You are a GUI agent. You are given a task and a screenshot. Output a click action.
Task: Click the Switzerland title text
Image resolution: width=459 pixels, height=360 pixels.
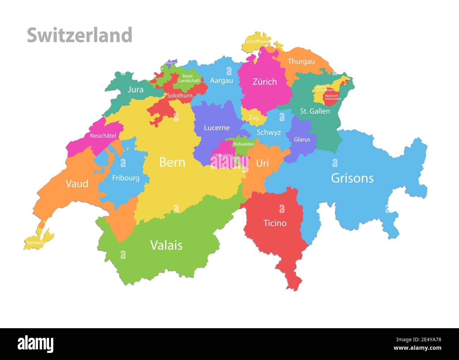(x=79, y=35)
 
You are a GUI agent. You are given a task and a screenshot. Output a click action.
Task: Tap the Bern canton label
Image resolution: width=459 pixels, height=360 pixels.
(x=172, y=162)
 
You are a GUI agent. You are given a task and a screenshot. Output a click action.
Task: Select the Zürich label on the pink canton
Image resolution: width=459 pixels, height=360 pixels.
(x=264, y=82)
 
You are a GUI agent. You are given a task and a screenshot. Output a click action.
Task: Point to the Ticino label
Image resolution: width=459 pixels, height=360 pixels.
(x=275, y=223)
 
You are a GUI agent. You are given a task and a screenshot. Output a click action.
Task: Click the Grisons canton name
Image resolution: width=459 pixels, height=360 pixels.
(x=352, y=178)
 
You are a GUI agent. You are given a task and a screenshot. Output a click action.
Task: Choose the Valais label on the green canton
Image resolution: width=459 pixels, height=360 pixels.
(x=166, y=245)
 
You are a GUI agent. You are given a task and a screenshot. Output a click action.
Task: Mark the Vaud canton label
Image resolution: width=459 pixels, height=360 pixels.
(x=77, y=183)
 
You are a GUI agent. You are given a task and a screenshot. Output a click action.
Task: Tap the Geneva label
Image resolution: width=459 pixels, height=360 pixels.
(x=35, y=243)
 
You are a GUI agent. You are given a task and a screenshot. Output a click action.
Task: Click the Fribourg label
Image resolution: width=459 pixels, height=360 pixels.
(x=126, y=178)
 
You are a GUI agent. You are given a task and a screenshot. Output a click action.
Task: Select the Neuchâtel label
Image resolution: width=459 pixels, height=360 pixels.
(x=103, y=136)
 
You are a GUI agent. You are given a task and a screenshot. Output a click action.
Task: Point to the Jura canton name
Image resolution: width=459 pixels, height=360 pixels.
(x=136, y=89)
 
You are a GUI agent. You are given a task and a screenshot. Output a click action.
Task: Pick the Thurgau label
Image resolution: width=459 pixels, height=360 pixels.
(x=301, y=61)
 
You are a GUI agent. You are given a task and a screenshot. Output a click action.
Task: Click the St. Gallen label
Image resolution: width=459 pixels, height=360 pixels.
(x=315, y=111)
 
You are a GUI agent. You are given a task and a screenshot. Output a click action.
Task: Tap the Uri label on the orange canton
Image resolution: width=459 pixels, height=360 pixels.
(x=262, y=163)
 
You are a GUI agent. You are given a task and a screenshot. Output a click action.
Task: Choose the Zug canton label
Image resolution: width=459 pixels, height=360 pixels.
(x=254, y=118)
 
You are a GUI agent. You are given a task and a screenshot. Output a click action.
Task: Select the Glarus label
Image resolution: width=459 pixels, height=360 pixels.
(x=302, y=139)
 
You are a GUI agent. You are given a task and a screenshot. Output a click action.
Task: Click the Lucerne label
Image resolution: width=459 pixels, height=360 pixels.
(x=216, y=128)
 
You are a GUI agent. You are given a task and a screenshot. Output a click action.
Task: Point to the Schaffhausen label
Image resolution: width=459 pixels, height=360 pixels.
(x=258, y=41)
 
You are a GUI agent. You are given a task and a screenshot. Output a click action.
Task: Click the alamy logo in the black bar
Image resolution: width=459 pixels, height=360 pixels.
(x=35, y=344)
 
